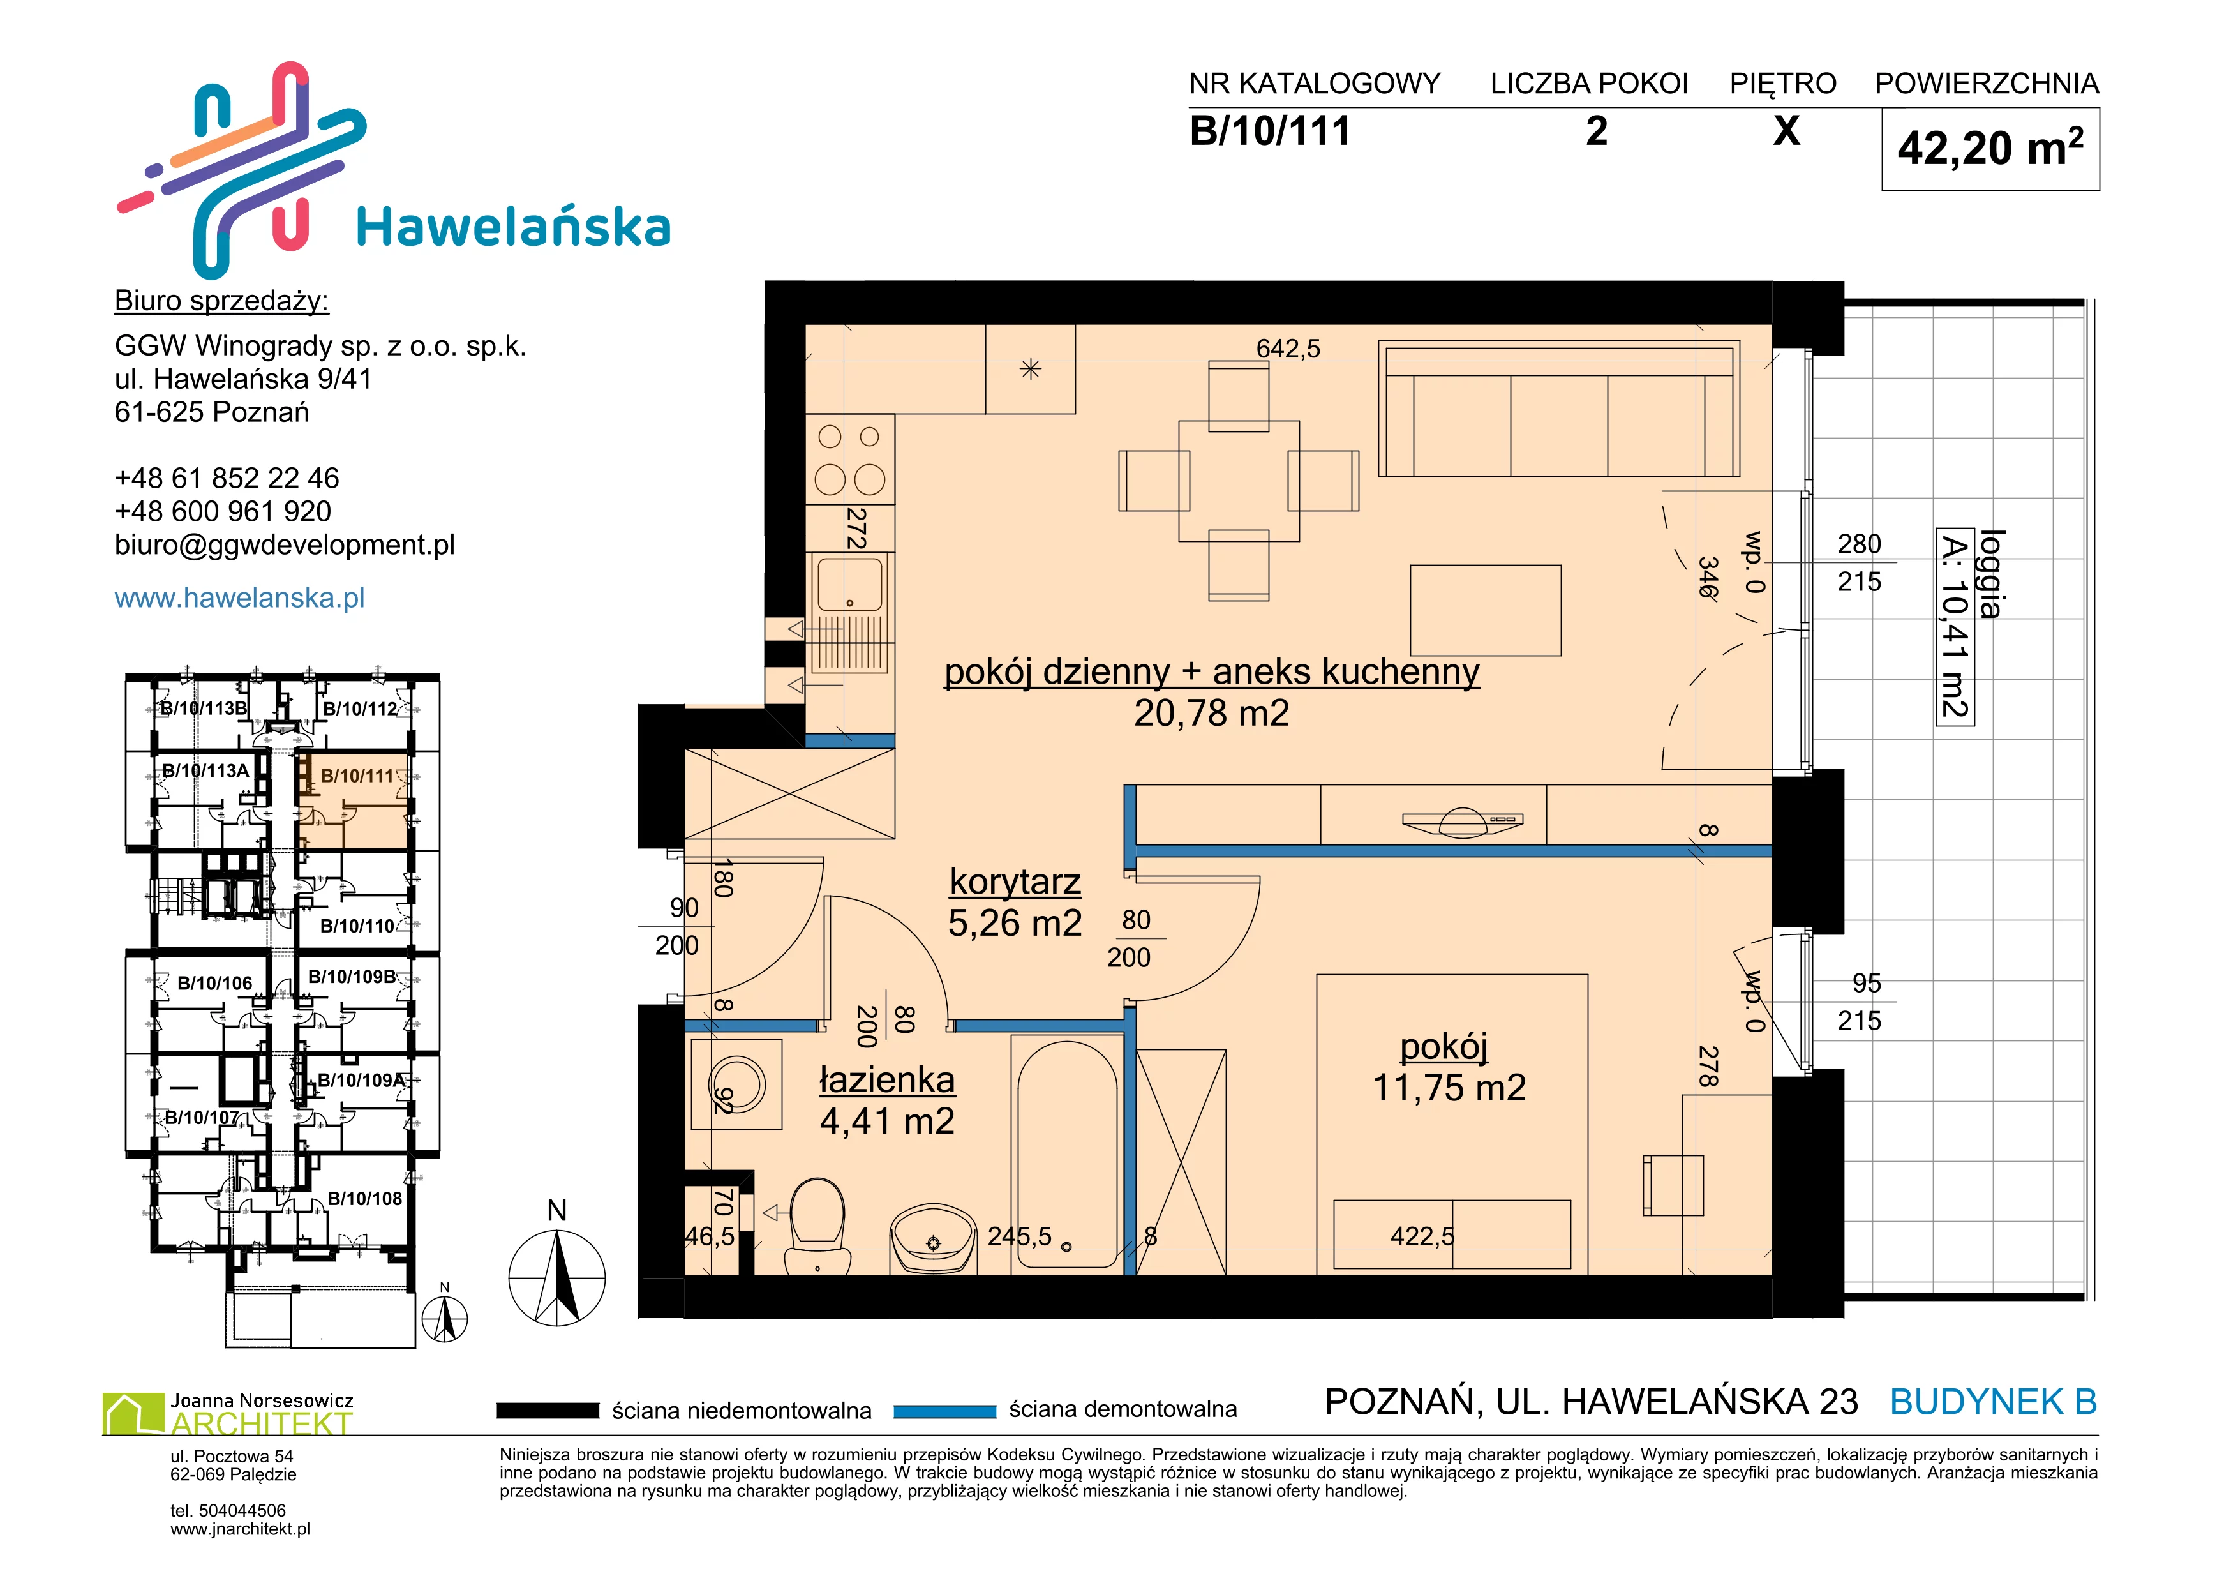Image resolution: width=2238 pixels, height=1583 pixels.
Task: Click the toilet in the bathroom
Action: pyautogui.click(x=817, y=1226)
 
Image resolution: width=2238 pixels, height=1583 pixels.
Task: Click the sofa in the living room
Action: pyautogui.click(x=1558, y=409)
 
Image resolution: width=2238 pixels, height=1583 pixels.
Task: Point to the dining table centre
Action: pyautogui.click(x=1239, y=481)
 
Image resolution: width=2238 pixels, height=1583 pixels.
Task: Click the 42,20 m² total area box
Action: pyautogui.click(x=1990, y=149)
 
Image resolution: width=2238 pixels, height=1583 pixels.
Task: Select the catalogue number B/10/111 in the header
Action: pyautogui.click(x=1270, y=131)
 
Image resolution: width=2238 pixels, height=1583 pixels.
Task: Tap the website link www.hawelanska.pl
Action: pyautogui.click(x=240, y=597)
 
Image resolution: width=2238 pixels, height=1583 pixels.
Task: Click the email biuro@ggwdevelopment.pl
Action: pyautogui.click(x=285, y=545)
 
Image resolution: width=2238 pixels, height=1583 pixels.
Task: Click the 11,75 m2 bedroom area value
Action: pyautogui.click(x=1449, y=1088)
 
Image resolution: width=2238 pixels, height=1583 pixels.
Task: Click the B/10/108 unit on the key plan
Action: pyautogui.click(x=364, y=1199)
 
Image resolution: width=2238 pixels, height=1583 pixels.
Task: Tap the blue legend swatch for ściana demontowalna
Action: pyautogui.click(x=944, y=1411)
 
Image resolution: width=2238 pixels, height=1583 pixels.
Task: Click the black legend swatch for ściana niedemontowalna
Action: pyautogui.click(x=548, y=1411)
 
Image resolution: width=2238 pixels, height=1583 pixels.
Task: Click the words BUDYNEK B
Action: pyautogui.click(x=1994, y=1402)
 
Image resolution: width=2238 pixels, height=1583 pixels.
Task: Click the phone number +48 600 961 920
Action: pyautogui.click(x=223, y=512)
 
